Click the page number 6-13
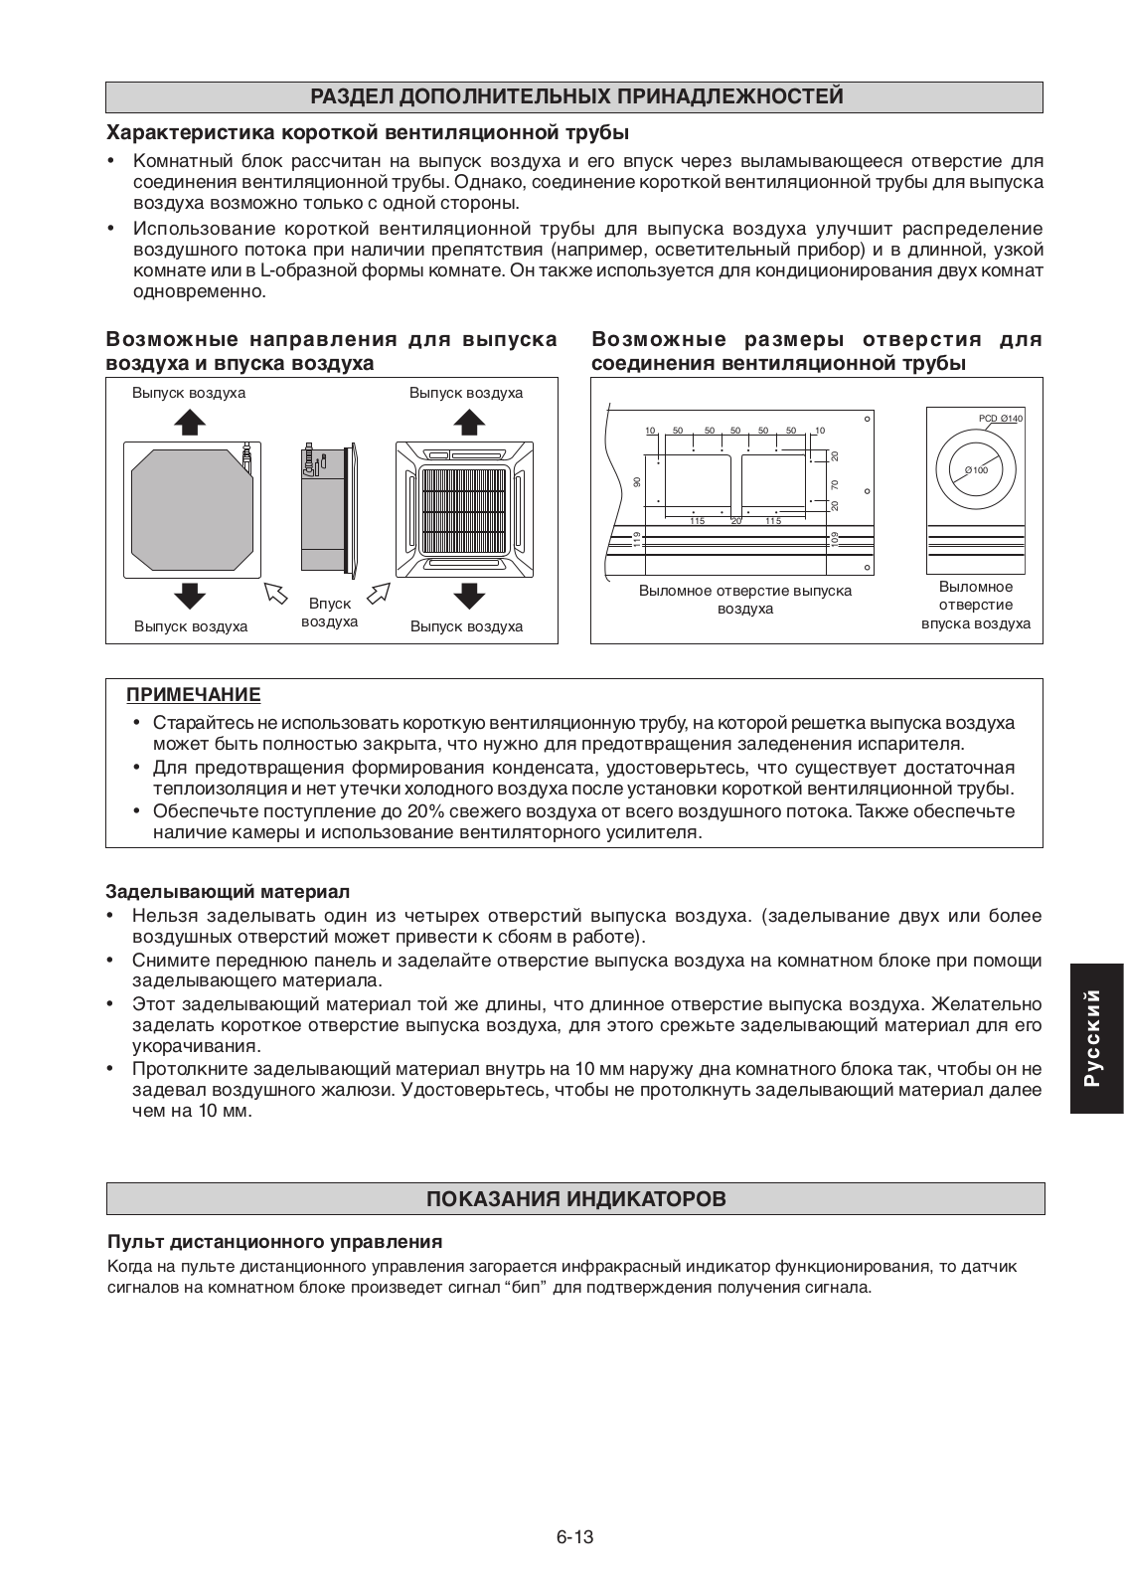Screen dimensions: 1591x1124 [575, 1536]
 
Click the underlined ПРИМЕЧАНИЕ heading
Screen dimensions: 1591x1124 [193, 694]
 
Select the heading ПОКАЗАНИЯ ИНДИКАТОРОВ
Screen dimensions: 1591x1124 [575, 1198]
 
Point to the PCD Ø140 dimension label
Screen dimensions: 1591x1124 [1000, 419]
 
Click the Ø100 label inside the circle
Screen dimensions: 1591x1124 [977, 469]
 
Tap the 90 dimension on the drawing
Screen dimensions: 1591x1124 [637, 482]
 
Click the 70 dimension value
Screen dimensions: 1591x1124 [835, 484]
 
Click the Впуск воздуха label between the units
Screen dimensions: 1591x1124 [329, 613]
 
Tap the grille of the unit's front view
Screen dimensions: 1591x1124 [466, 509]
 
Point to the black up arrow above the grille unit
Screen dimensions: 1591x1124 [466, 422]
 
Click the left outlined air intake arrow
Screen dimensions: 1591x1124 [275, 594]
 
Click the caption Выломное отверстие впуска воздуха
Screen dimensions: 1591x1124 [975, 606]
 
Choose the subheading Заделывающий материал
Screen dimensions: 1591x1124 [228, 892]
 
